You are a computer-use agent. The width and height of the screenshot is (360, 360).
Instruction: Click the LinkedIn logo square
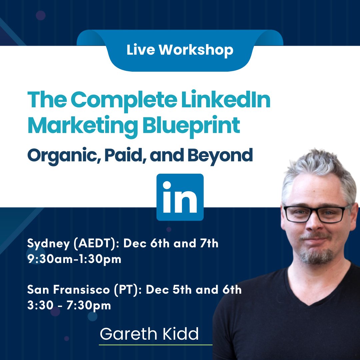click(180, 197)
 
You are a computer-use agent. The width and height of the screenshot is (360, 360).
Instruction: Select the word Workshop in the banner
click(196, 50)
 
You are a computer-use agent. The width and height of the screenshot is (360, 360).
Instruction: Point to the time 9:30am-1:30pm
click(74, 259)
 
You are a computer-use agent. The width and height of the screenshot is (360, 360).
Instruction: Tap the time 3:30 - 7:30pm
click(69, 305)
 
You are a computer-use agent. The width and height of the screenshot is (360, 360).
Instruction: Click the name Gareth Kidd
click(149, 334)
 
